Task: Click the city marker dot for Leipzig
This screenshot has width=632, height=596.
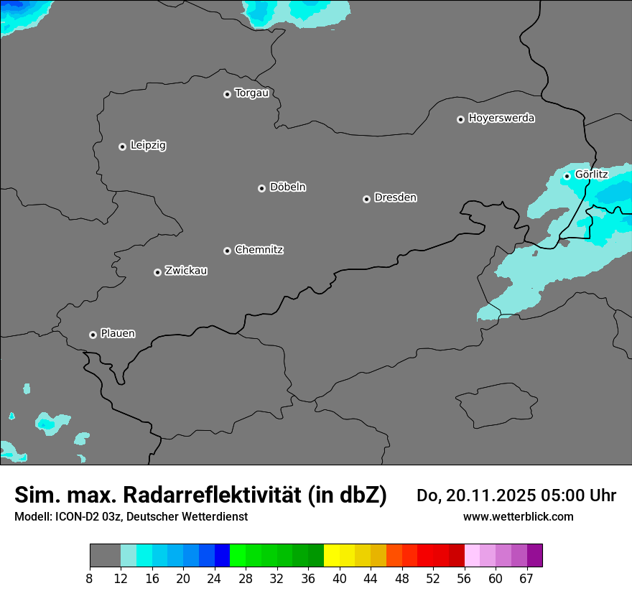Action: click(x=122, y=146)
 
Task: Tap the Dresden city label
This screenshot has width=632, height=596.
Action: click(x=395, y=197)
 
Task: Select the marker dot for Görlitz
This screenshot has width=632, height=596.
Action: click(x=567, y=176)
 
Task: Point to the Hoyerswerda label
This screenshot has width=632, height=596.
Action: click(x=501, y=118)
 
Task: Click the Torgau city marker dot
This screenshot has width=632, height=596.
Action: click(x=227, y=94)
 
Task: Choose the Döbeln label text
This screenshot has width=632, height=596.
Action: click(x=287, y=187)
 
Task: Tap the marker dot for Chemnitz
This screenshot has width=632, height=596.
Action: click(x=227, y=251)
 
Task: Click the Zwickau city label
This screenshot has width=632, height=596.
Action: click(x=186, y=271)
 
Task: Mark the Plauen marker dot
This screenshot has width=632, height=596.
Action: click(x=93, y=335)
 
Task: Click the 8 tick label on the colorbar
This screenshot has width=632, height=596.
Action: click(x=89, y=579)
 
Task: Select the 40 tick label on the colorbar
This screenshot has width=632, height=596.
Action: click(x=340, y=579)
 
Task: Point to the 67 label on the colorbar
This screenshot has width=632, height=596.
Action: click(x=526, y=579)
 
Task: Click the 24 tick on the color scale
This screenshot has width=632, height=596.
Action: click(x=215, y=579)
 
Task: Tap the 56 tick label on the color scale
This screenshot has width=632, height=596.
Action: click(x=465, y=579)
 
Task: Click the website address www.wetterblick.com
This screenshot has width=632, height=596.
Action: click(x=518, y=517)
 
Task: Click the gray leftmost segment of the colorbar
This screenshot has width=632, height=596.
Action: click(x=105, y=556)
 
